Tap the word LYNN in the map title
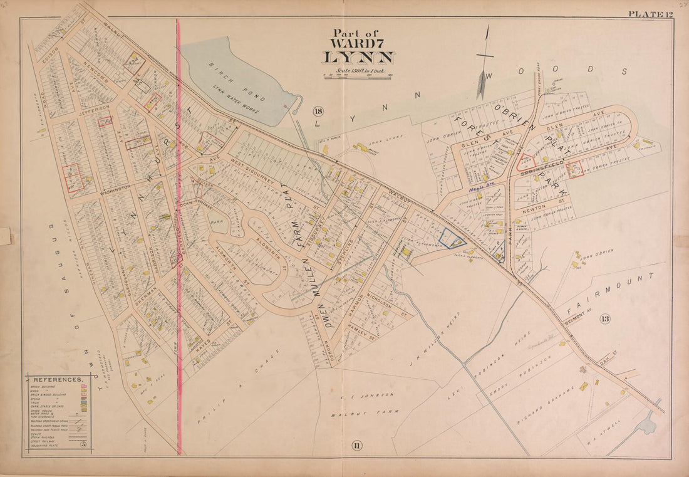[358, 58]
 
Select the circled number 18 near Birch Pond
[318, 112]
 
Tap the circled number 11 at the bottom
[356, 446]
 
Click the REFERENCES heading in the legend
[58, 380]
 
